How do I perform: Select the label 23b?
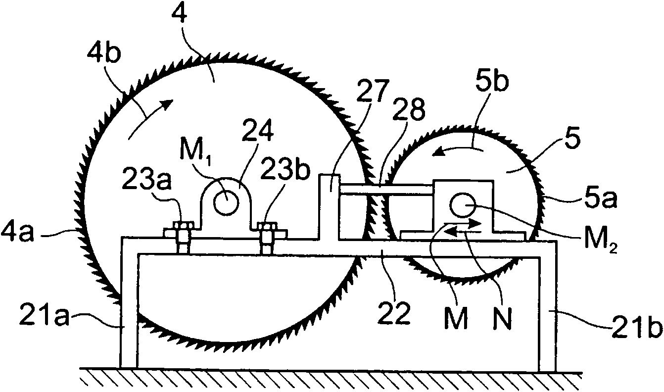[285, 173]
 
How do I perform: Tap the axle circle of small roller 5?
[463, 205]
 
